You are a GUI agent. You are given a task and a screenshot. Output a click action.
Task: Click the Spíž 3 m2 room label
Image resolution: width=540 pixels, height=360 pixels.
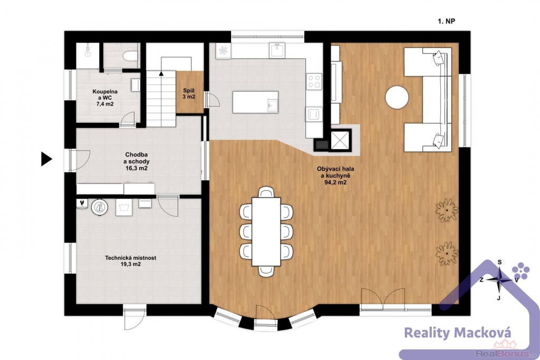pos(189,94)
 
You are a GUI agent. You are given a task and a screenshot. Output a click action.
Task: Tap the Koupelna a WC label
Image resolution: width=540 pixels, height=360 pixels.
pos(105,98)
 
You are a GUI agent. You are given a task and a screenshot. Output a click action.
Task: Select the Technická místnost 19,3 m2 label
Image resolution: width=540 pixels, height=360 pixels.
pos(131,261)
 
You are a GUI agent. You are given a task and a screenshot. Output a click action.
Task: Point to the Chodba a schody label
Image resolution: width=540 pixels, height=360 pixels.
pos(137,161)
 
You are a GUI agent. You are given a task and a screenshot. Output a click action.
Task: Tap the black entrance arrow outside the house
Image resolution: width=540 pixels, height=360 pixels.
pos(46,159)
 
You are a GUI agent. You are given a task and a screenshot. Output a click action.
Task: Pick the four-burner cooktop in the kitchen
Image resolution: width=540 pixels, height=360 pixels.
pos(314,81)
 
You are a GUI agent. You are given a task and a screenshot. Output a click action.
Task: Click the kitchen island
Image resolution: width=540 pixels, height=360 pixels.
pos(255,102)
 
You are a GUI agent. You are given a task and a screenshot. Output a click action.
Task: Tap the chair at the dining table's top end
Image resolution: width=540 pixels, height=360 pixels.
pos(266,192)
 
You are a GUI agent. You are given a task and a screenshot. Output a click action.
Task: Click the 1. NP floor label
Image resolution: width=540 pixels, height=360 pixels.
pos(446,21)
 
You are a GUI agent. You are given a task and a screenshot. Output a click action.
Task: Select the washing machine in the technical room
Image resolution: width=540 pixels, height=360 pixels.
pos(123,207)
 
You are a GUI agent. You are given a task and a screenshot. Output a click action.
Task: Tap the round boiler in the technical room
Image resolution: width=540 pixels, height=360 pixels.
pos(100,208)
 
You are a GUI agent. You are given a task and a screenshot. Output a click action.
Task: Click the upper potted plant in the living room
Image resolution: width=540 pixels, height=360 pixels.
pos(447,210)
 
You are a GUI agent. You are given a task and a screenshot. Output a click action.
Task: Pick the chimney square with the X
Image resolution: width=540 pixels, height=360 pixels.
pos(340,140)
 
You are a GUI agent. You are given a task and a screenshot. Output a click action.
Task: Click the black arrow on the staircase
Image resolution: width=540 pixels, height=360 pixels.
pos(161,73)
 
